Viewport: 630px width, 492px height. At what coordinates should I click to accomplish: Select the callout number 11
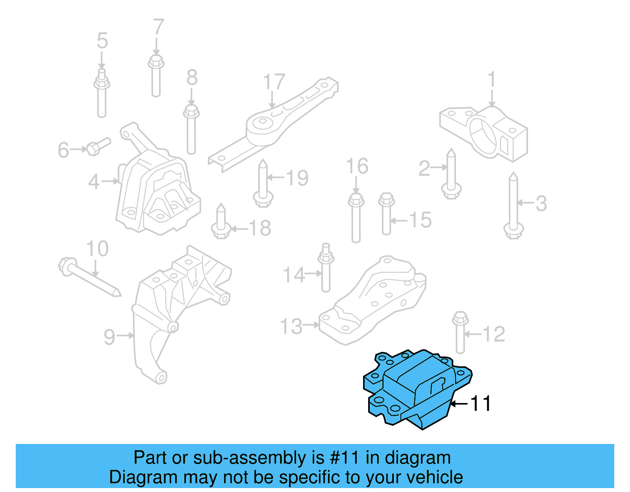point(481,403)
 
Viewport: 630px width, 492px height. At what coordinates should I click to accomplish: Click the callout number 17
point(274,82)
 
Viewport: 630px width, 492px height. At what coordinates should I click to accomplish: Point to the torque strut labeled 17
point(276,122)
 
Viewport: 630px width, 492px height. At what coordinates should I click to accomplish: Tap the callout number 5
point(102,41)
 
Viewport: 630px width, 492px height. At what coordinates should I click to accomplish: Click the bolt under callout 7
point(156,77)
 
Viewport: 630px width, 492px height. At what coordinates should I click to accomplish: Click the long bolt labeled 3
point(513,205)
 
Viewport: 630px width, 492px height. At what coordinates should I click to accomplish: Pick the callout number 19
point(297,178)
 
